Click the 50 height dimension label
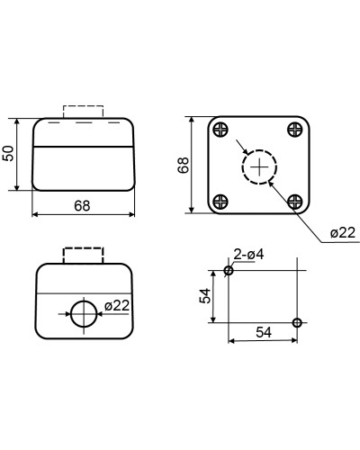pos(8,153)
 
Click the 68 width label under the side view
pos(82,206)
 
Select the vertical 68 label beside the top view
pos(183,165)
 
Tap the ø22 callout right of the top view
pos(343,232)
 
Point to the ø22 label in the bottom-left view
pos(117,306)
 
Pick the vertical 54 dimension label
pos(205,296)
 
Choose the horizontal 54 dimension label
pos(264,332)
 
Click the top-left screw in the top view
pos(220,130)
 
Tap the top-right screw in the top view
pos(295,130)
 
